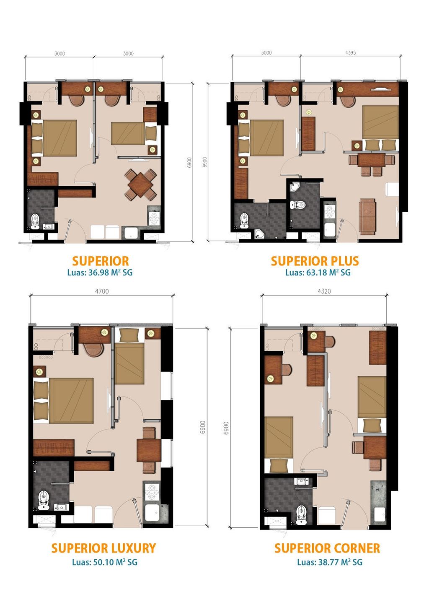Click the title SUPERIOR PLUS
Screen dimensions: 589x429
(315, 261)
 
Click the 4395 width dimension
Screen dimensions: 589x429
(350, 52)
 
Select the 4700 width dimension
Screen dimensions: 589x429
(101, 291)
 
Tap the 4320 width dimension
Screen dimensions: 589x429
(324, 291)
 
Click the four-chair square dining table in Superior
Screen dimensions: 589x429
(140, 184)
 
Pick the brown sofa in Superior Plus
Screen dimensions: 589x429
(367, 216)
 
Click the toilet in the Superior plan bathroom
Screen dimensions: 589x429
(35, 220)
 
